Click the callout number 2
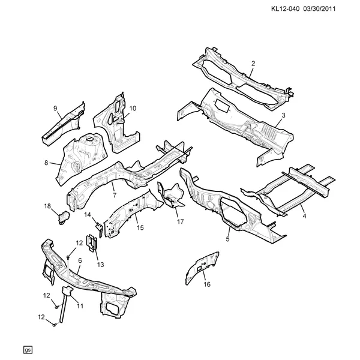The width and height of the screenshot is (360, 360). click(253, 64)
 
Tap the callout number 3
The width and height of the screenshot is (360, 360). click(283, 115)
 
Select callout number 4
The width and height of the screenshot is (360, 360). click(304, 216)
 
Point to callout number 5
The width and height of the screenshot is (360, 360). click(227, 239)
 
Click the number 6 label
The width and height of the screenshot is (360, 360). click(80, 260)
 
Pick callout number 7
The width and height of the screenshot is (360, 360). click(115, 195)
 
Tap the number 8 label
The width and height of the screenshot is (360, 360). click(46, 163)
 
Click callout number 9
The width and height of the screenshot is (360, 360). click(55, 108)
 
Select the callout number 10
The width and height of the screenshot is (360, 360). click(133, 108)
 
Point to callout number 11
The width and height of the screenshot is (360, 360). click(80, 306)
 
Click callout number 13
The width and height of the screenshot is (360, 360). click(101, 265)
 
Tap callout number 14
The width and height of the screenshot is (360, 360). click(88, 215)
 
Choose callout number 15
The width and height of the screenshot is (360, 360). click(140, 227)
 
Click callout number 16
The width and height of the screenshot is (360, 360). click(207, 284)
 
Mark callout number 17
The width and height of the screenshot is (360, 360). click(181, 221)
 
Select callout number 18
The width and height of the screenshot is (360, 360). click(47, 206)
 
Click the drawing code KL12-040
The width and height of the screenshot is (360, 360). click(286, 9)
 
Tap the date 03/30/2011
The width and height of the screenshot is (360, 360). click(319, 9)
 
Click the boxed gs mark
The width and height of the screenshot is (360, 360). click(28, 350)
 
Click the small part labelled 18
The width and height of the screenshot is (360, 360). click(64, 218)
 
